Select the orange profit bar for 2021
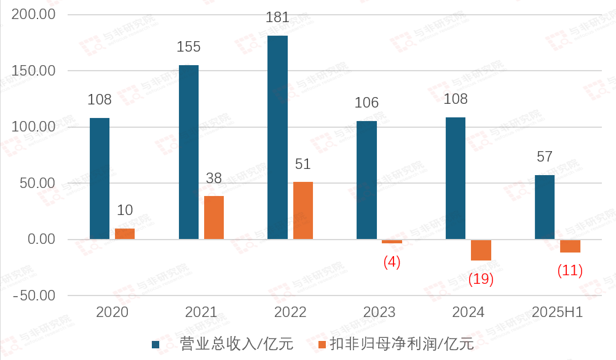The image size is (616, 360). tap(214, 217)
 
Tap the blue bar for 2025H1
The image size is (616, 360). tap(545, 207)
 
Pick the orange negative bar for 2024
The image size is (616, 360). tap(481, 250)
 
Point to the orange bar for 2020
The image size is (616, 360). tap(125, 233)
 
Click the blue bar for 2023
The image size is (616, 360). tap(366, 180)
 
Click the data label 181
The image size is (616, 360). tap(277, 18)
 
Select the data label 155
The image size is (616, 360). tap(188, 47)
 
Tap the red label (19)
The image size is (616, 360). tap(481, 279)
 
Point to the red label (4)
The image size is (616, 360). tap(392, 262)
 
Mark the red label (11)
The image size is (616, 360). tap(569, 270)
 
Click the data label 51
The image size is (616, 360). tap(302, 165)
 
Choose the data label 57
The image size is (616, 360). tap(545, 157)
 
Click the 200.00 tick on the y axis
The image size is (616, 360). tap(34, 14)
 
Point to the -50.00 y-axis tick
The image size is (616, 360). tap(34, 295)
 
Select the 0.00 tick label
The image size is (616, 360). tap(39, 239)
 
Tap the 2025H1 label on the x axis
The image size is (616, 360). tap(558, 312)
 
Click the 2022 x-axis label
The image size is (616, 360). tap(290, 312)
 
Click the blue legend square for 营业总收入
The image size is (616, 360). tap(156, 345)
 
